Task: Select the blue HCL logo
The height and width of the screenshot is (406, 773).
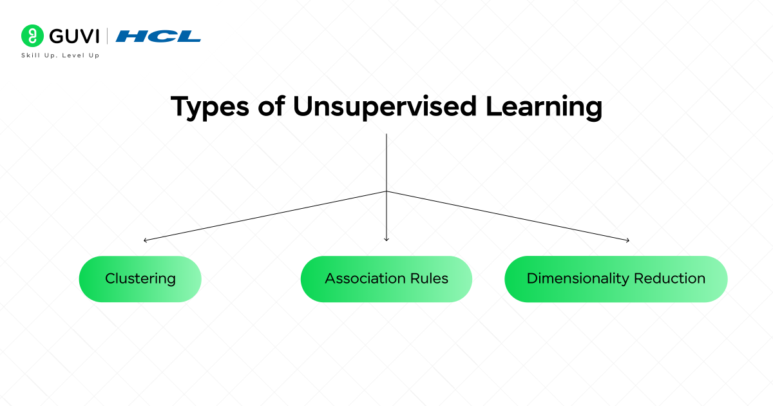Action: coord(158,36)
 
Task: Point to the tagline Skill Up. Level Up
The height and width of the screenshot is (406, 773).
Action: coord(61,55)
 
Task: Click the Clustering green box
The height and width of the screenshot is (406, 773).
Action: coord(140,279)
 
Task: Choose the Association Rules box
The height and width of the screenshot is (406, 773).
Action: coord(386,279)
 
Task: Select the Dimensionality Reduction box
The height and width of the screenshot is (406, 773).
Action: coord(616,279)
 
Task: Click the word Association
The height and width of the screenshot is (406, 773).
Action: coord(363,278)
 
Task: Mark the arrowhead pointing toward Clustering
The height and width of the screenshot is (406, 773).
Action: coord(145,240)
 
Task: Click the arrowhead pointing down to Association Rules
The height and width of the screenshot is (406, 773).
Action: coord(386,240)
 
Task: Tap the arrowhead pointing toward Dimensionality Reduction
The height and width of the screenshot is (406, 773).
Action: coord(627,240)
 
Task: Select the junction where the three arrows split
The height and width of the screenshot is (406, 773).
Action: coord(386,191)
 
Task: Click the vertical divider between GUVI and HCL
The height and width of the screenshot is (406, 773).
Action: coord(107,35)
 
